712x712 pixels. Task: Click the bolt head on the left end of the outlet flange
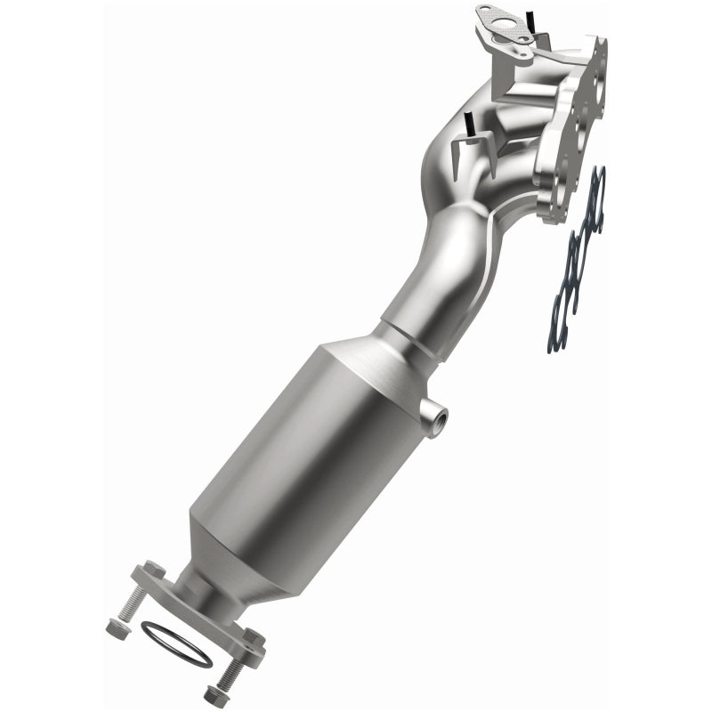[152, 570]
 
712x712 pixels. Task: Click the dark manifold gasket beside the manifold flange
[577, 267]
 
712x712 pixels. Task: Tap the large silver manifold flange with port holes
[583, 125]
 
